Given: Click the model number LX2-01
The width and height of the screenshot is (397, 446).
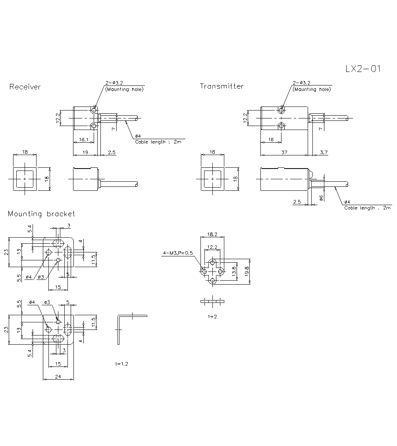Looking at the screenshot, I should (363, 69).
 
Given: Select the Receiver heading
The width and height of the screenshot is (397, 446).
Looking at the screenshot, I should (25, 87).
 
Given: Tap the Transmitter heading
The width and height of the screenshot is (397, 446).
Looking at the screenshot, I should (222, 86).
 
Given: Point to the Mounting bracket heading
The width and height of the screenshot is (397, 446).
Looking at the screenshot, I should (41, 214).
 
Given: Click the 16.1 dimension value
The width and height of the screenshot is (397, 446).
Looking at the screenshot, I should (83, 140).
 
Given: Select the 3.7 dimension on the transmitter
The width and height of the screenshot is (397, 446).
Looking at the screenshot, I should (324, 153).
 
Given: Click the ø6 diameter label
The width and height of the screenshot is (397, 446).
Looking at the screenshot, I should (321, 198).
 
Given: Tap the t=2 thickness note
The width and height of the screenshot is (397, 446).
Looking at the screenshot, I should (213, 316).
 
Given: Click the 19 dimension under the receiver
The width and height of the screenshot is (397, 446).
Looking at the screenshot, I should (85, 153).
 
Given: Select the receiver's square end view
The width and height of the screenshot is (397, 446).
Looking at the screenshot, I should (25, 179).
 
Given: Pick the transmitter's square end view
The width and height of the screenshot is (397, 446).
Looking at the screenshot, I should (212, 179).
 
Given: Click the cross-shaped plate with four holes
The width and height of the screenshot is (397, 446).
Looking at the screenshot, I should (213, 271).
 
